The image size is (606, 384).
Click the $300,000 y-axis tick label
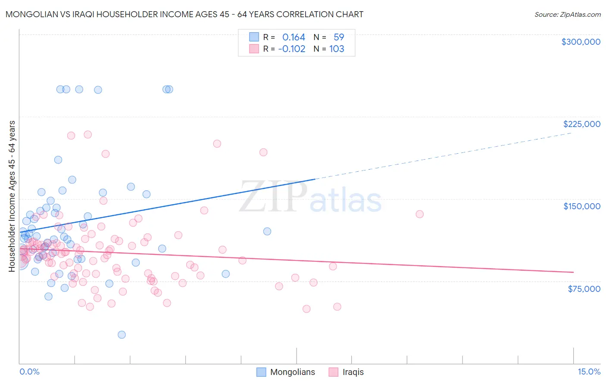(581, 42)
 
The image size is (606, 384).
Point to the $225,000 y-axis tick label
(581, 124)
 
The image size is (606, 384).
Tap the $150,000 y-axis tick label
(581, 206)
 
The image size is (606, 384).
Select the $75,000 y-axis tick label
(584, 289)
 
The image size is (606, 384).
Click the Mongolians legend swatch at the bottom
(261, 372)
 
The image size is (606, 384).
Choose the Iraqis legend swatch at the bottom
(333, 372)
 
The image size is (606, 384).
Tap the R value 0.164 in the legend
(294, 37)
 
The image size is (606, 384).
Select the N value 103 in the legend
(337, 49)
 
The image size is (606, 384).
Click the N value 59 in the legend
(339, 37)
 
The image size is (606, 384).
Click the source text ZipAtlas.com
(567, 15)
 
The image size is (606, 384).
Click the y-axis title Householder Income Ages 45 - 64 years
(12, 196)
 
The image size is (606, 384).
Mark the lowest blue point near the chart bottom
(122, 334)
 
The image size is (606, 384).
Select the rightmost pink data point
(419, 214)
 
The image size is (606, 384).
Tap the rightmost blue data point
(267, 231)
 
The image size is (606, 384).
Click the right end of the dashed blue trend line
(572, 133)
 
